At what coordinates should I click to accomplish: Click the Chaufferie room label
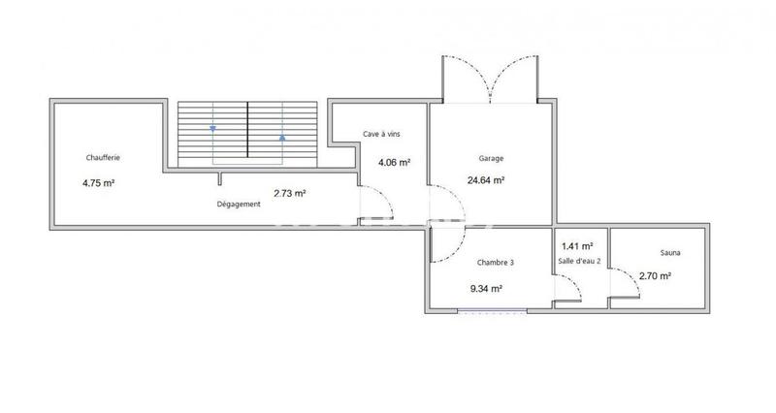(101, 157)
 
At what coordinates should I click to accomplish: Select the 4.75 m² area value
(99, 182)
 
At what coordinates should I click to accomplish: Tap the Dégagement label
(239, 205)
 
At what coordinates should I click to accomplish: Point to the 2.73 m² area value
(290, 193)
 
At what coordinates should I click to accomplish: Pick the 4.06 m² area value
(394, 163)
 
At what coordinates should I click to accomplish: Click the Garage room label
(491, 158)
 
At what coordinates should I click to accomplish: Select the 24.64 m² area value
(485, 179)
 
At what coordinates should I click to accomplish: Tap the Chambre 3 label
(495, 263)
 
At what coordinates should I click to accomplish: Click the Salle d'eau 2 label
(579, 262)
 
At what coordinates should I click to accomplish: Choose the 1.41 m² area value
(576, 246)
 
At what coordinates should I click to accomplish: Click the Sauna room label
(669, 253)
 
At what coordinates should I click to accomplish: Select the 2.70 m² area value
(656, 275)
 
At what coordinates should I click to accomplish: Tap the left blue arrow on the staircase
(212, 128)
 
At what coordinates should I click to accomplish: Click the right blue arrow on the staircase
(282, 137)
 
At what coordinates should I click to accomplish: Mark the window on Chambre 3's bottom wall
(493, 311)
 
